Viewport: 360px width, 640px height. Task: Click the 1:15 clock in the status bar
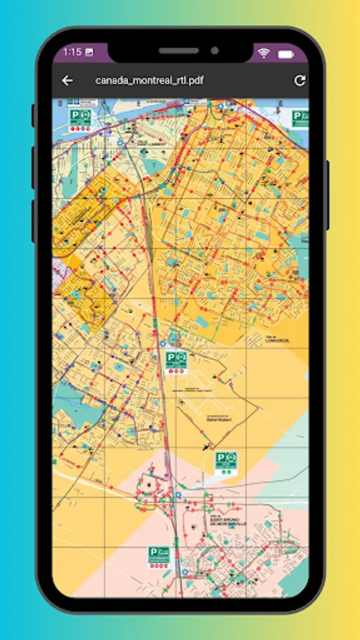(72, 52)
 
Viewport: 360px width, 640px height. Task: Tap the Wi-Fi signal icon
(264, 53)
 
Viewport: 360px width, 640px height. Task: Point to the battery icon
(286, 53)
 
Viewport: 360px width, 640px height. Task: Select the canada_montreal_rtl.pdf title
(149, 80)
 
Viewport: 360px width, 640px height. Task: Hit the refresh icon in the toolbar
(300, 80)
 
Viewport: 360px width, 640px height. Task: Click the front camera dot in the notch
(213, 51)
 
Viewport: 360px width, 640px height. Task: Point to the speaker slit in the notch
(179, 51)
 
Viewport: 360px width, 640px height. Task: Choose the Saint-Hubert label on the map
(219, 419)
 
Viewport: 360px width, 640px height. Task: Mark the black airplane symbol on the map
(206, 447)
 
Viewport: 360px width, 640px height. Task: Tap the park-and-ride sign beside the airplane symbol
(226, 462)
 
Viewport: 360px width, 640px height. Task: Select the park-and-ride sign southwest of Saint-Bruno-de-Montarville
(159, 555)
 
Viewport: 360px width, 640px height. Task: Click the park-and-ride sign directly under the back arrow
(80, 118)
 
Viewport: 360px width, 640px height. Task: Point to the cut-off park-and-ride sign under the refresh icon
(302, 119)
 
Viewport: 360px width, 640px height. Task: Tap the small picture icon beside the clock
(89, 52)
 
